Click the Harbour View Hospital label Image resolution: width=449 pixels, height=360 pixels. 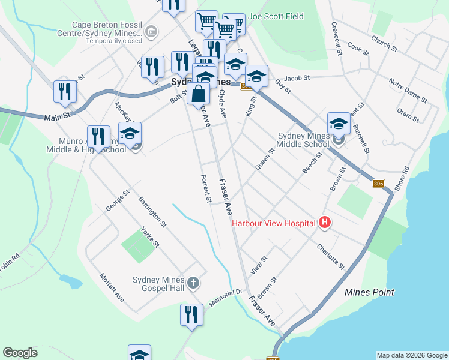[274, 223]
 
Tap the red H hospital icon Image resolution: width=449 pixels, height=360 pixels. [325, 223]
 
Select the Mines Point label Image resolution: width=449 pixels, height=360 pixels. [370, 292]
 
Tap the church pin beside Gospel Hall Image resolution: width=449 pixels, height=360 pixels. [193, 282]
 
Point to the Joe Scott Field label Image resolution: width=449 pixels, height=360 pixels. [276, 17]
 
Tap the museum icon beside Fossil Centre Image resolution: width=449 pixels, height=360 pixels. [151, 30]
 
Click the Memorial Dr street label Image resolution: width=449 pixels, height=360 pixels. [224, 298]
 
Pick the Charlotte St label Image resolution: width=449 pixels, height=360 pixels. [331, 257]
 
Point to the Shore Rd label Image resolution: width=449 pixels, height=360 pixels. [402, 179]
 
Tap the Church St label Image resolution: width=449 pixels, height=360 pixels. [384, 43]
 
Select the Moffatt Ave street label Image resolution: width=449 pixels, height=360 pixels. [112, 288]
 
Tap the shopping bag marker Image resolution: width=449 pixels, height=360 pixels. [198, 94]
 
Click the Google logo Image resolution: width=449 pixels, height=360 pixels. [20, 353]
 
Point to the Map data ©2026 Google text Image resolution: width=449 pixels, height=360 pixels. [411, 355]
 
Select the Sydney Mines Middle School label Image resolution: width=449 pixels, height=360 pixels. [303, 140]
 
